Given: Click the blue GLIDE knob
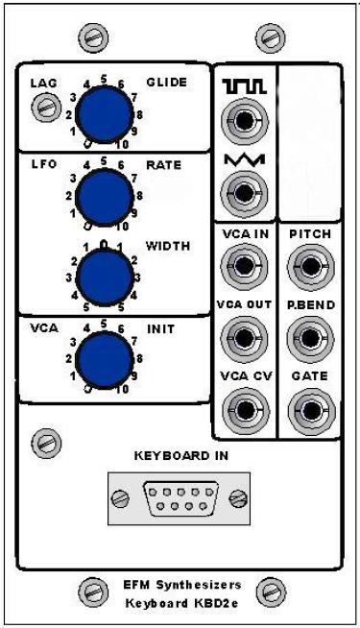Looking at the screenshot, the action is tap(104, 113).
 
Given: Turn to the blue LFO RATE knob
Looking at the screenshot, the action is tap(104, 197).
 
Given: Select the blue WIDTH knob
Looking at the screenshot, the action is tap(104, 278).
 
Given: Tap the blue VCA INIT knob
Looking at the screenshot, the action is tap(104, 359).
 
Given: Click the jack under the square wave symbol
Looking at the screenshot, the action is tap(244, 121).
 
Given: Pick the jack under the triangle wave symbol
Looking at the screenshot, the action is tap(244, 193).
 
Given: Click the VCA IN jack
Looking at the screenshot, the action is tap(244, 266).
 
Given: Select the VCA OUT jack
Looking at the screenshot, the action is tap(244, 338).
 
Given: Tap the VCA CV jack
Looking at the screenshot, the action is tap(245, 410).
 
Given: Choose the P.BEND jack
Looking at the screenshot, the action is tap(311, 338).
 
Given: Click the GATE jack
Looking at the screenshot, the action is tap(311, 411).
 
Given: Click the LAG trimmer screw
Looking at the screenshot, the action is tap(46, 108).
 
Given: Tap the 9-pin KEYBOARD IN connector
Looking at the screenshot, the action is tap(180, 498).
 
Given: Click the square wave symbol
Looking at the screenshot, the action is tap(245, 86).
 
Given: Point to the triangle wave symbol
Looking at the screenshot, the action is tap(244, 159).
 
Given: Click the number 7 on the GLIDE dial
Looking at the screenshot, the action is tap(135, 98).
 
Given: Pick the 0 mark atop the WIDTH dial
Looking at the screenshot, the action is tap(104, 244).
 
